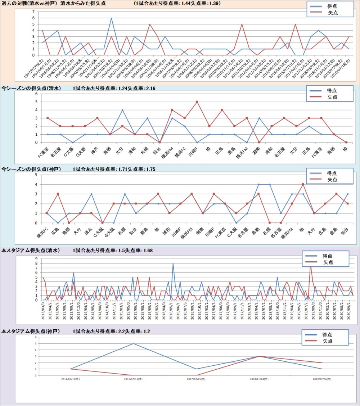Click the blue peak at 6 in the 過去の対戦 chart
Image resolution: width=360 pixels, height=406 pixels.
click(x=111, y=18)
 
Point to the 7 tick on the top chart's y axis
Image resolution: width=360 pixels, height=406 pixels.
click(x=33, y=12)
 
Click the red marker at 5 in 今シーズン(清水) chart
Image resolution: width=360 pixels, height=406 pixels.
click(x=197, y=102)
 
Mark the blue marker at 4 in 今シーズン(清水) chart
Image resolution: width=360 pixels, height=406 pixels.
click(x=122, y=110)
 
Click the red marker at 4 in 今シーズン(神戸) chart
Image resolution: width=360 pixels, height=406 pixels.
click(x=303, y=184)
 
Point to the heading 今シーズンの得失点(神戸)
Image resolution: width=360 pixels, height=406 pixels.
click(x=31, y=169)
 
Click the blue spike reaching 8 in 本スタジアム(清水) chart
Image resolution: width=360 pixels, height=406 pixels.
click(x=173, y=263)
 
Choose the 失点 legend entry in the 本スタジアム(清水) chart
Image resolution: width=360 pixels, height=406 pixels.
click(x=327, y=262)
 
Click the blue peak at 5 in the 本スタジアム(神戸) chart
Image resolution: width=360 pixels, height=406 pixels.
click(x=133, y=343)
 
